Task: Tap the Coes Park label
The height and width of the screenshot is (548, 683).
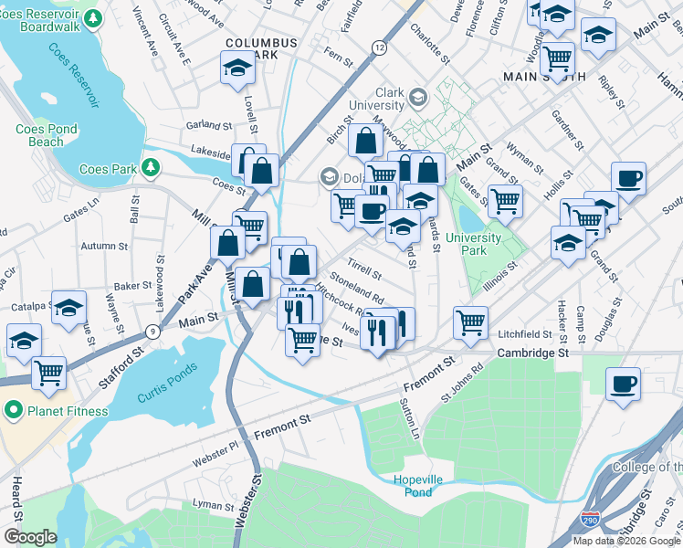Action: click(x=108, y=169)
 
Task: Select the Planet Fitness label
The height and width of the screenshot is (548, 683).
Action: click(x=68, y=411)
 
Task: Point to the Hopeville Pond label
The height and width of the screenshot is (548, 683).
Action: click(x=413, y=486)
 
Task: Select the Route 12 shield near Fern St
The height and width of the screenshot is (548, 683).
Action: click(x=378, y=47)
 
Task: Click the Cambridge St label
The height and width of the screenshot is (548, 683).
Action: click(x=532, y=353)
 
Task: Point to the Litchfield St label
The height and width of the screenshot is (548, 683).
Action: click(x=524, y=334)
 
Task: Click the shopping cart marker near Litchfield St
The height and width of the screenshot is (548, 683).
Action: click(x=469, y=321)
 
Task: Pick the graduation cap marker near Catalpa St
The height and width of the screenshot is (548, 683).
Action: click(x=68, y=309)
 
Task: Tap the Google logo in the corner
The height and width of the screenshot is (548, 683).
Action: click(x=30, y=537)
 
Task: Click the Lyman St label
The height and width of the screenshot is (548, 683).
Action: click(x=214, y=504)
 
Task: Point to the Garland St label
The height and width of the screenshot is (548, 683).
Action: click(x=209, y=124)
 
